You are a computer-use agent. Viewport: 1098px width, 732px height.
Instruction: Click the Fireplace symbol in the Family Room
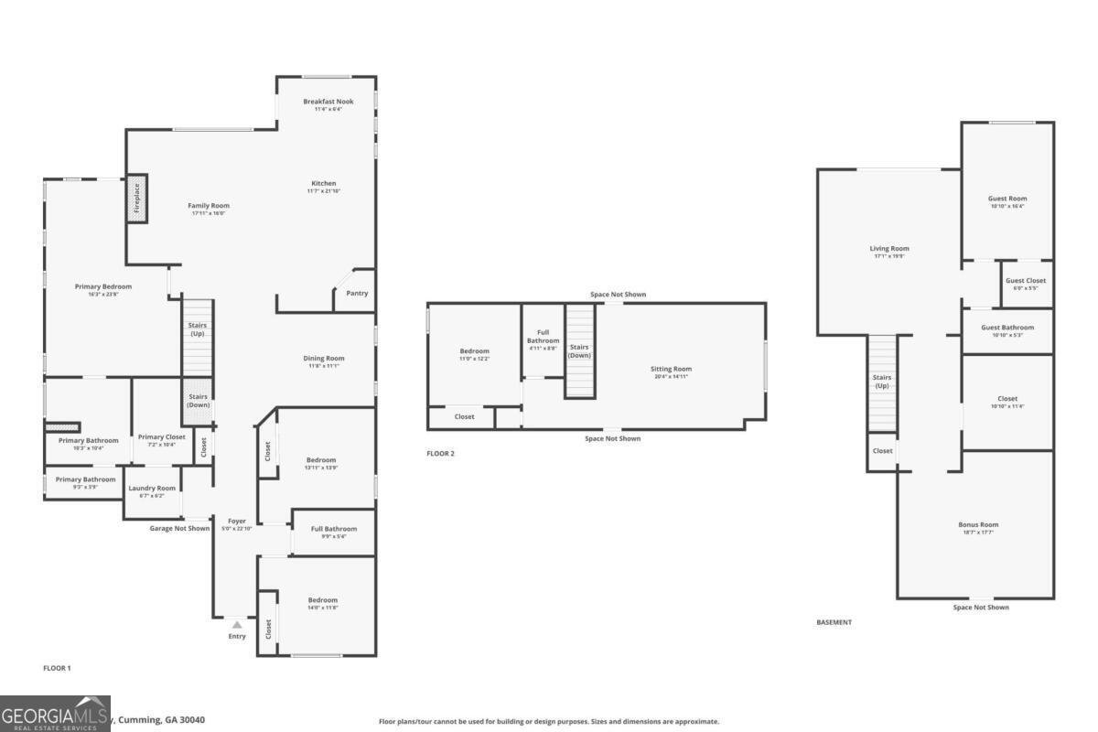(x=136, y=199)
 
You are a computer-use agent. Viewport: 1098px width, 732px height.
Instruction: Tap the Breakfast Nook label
(x=328, y=102)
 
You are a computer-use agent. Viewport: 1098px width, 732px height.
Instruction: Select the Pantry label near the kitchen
(x=357, y=294)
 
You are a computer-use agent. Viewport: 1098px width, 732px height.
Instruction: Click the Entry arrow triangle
(x=237, y=624)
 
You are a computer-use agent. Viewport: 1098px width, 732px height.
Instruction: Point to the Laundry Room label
(x=152, y=489)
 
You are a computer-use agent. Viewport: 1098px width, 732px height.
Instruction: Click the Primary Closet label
(x=162, y=437)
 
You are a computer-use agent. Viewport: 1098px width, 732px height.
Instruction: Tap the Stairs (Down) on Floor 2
(x=579, y=351)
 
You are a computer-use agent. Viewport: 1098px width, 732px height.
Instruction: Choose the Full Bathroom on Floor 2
(x=543, y=337)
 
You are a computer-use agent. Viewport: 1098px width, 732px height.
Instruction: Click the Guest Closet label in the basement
(x=1026, y=281)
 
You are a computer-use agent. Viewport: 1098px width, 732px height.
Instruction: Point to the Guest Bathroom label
(x=1007, y=328)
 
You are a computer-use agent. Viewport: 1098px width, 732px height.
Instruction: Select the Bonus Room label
(x=978, y=525)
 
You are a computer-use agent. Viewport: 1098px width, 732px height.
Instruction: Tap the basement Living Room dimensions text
(x=888, y=256)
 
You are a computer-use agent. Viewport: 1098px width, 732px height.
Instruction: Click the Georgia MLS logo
(x=55, y=714)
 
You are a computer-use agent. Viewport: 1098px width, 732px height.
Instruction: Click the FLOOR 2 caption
(x=440, y=454)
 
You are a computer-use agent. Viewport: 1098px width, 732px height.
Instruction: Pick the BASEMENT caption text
(x=834, y=622)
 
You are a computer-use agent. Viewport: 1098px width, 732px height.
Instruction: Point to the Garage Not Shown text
(x=179, y=528)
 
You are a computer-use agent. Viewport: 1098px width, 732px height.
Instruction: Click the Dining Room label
(x=324, y=359)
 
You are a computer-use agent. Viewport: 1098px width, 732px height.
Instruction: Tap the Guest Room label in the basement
(x=1006, y=199)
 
